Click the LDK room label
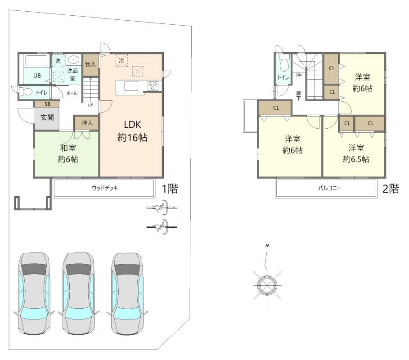point(132,125)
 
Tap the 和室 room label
point(68,148)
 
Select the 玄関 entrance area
point(47,117)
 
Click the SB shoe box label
point(48,104)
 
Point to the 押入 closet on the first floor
point(87,123)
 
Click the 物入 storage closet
point(90,65)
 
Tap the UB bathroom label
point(37,76)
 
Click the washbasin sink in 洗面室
point(74,60)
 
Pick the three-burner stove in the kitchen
point(153,86)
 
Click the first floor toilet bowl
point(26,92)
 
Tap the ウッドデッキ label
point(105,188)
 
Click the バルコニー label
point(329,188)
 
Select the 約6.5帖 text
point(356,159)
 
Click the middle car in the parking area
point(78,293)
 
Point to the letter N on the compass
point(267,246)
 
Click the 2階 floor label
point(391,189)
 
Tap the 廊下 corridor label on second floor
point(299,96)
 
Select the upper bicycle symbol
point(162,207)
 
